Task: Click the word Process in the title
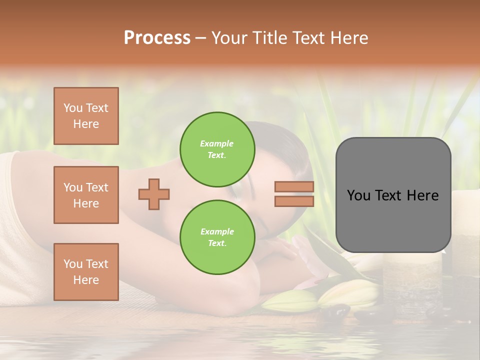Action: [157, 38]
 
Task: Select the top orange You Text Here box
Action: [86, 116]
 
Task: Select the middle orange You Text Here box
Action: [86, 195]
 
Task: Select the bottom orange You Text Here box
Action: [86, 272]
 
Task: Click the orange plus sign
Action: [154, 194]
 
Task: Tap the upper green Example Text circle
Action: [217, 149]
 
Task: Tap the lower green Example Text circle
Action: [217, 237]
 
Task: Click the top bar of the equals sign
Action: [294, 187]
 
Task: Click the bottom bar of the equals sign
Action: [294, 201]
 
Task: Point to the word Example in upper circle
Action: [216, 143]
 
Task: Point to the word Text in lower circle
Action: [216, 243]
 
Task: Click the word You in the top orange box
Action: [72, 108]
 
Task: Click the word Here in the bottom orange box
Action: [86, 280]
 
